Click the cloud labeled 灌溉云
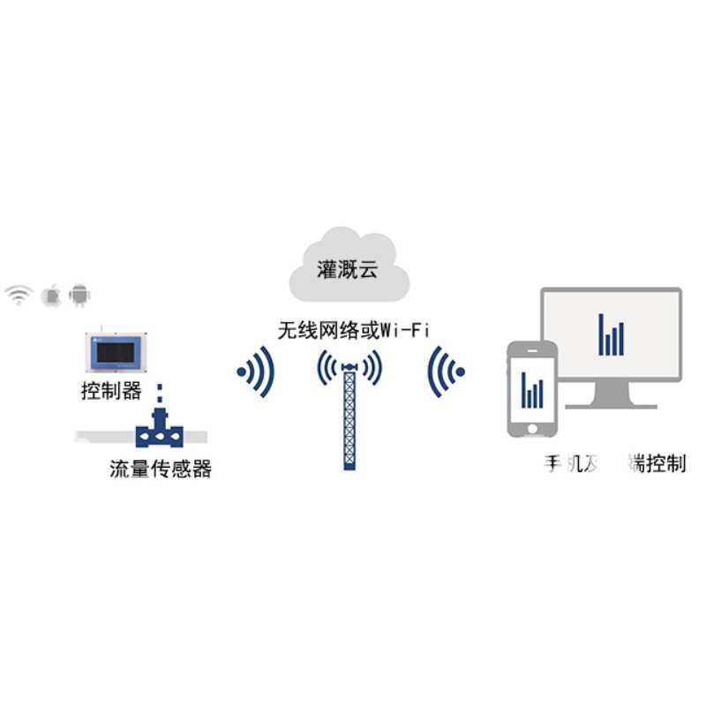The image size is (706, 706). pyautogui.click(x=347, y=267)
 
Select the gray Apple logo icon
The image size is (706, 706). pyautogui.click(x=53, y=295)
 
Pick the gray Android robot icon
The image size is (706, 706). pyautogui.click(x=81, y=295)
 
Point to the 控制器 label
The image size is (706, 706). pyautogui.click(x=111, y=392)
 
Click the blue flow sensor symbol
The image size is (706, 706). pyautogui.click(x=160, y=432)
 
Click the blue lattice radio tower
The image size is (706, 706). pyautogui.click(x=350, y=415)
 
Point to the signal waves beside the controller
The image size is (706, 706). pyautogui.click(x=256, y=372)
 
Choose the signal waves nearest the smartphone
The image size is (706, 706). pyautogui.click(x=446, y=372)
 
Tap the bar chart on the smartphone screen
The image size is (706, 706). pyautogui.click(x=531, y=389)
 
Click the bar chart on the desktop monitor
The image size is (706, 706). pyautogui.click(x=611, y=334)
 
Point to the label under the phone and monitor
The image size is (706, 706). pyautogui.click(x=614, y=464)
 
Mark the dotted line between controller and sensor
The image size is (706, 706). pyautogui.click(x=160, y=394)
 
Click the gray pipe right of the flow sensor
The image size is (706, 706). pyautogui.click(x=196, y=433)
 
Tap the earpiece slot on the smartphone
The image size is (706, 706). pyautogui.click(x=532, y=352)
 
